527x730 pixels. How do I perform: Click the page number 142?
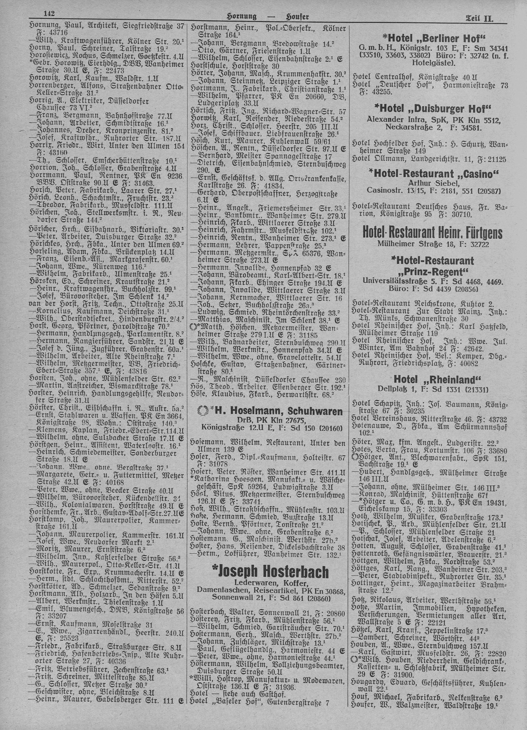[x=50, y=14]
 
